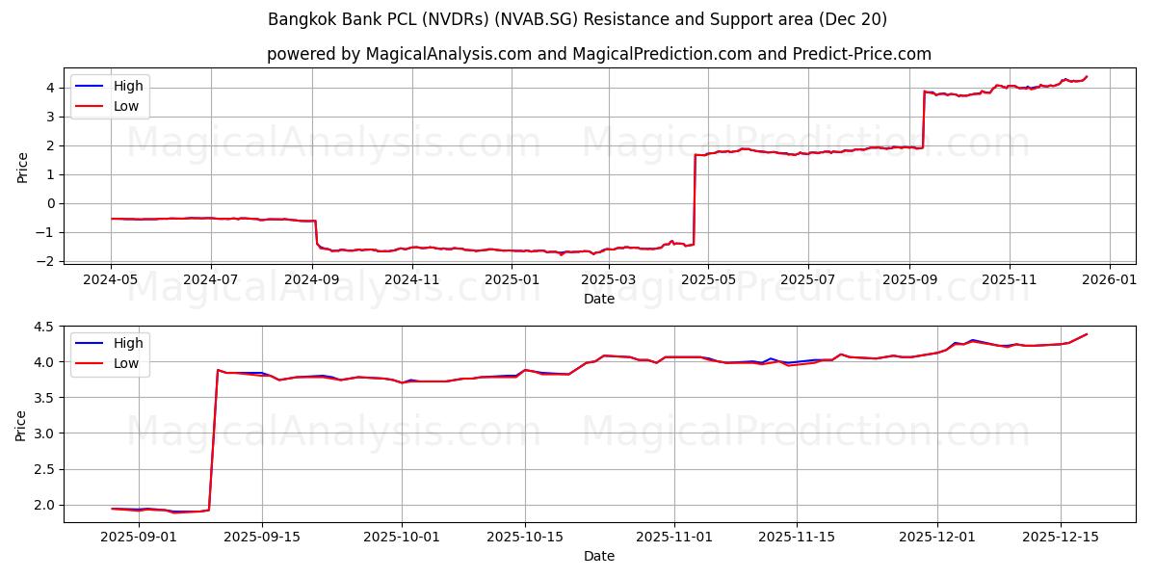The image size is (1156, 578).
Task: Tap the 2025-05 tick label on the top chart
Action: tap(708, 279)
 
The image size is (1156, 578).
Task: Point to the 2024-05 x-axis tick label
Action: tap(111, 279)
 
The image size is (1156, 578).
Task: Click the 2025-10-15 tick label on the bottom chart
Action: tap(525, 537)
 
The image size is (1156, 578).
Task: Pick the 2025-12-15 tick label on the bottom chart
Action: tap(1061, 537)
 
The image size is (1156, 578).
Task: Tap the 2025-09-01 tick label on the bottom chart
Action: tap(139, 537)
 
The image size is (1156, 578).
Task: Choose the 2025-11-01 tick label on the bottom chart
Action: tap(673, 537)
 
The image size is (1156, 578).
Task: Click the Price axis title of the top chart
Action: tap(22, 166)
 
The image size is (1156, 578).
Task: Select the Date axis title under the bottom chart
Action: tap(599, 556)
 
